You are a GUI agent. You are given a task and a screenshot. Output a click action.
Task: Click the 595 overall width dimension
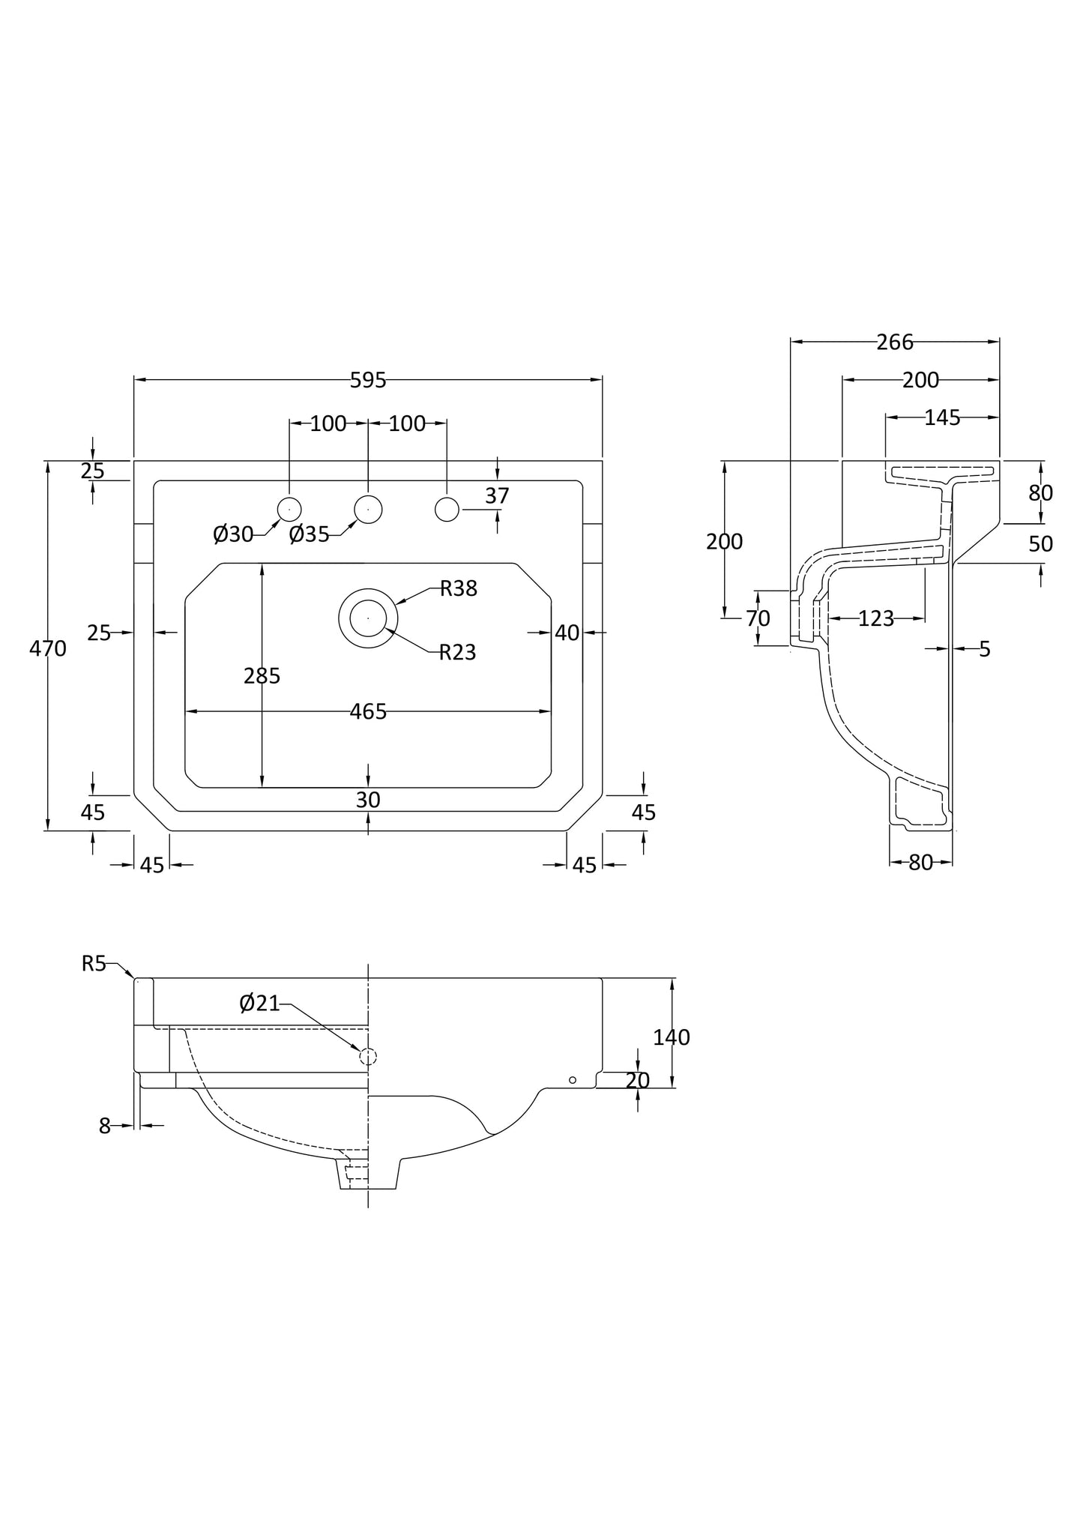pyautogui.click(x=368, y=381)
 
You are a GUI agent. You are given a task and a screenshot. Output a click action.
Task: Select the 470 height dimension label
pyautogui.click(x=48, y=648)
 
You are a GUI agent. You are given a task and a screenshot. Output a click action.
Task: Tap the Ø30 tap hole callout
pyautogui.click(x=233, y=534)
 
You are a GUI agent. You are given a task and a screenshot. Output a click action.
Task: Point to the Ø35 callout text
pyautogui.click(x=309, y=534)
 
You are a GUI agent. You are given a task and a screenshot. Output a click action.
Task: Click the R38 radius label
pyautogui.click(x=458, y=588)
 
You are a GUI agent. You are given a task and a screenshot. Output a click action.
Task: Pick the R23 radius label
pyautogui.click(x=457, y=652)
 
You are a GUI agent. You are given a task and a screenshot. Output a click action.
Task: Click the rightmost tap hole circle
pyautogui.click(x=447, y=509)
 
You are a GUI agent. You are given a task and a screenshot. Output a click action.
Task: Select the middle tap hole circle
pyautogui.click(x=368, y=509)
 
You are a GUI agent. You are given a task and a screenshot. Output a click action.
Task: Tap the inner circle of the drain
pyautogui.click(x=368, y=618)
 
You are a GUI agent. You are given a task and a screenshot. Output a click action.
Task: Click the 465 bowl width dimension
pyautogui.click(x=368, y=711)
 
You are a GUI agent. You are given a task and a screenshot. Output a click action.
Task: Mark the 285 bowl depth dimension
pyautogui.click(x=262, y=676)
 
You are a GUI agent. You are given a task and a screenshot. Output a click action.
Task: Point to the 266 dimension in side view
pyautogui.click(x=895, y=343)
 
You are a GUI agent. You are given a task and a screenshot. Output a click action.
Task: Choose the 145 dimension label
pyautogui.click(x=942, y=418)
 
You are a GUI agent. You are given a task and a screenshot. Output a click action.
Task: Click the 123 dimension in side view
pyautogui.click(x=876, y=618)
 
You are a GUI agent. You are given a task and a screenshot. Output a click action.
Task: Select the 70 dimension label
pyautogui.click(x=758, y=619)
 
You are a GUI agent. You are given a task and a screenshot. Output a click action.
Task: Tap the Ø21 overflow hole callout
pyautogui.click(x=259, y=1003)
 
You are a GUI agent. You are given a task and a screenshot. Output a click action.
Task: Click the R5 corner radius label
pyautogui.click(x=94, y=964)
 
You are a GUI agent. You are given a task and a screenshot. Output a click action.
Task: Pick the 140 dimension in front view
pyautogui.click(x=671, y=1037)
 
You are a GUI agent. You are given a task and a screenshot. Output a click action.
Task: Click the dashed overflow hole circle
pyautogui.click(x=368, y=1057)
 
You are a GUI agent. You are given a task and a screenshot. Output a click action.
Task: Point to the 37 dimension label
pyautogui.click(x=497, y=495)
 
